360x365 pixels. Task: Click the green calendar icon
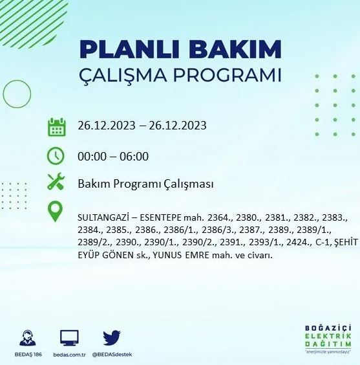tap(57, 126)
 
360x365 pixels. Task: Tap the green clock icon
tap(56, 156)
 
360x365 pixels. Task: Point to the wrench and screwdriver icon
tap(56, 183)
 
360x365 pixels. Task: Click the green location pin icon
tap(56, 212)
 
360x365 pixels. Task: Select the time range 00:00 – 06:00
tap(113, 156)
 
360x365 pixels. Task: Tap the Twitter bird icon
tap(112, 337)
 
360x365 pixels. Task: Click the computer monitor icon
tap(69, 338)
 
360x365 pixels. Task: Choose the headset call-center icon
tap(28, 338)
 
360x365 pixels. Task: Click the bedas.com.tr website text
tap(69, 355)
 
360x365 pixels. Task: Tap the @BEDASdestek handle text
tap(112, 355)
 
